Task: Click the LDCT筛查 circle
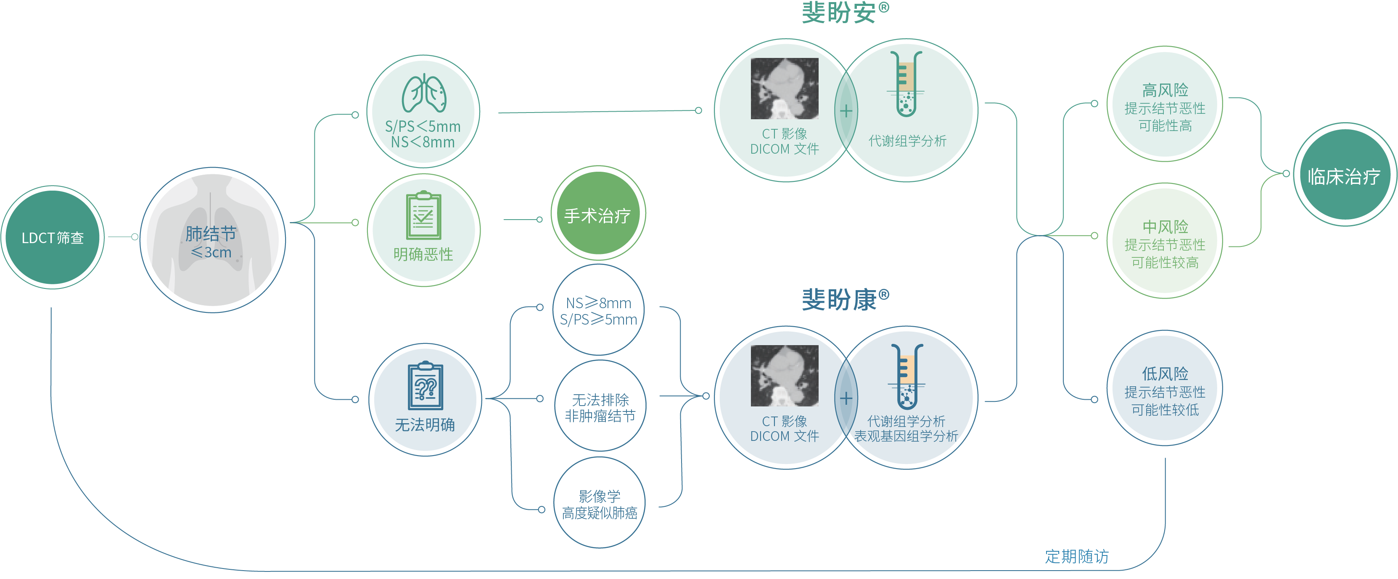click(x=53, y=238)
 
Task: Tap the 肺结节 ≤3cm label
click(x=211, y=242)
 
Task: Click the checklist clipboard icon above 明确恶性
click(x=423, y=215)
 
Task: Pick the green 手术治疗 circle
click(x=597, y=214)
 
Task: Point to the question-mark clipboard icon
click(x=425, y=385)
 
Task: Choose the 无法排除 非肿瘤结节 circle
click(x=600, y=406)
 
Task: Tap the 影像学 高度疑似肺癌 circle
click(x=599, y=504)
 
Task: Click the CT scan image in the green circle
click(x=784, y=88)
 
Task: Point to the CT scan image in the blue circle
click(x=784, y=376)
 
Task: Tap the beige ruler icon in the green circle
click(x=906, y=76)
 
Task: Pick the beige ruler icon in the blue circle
click(x=907, y=369)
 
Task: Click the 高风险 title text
click(x=1165, y=89)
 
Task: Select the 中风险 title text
click(x=1165, y=226)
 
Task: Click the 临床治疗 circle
click(x=1343, y=176)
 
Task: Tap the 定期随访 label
click(x=1077, y=556)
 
